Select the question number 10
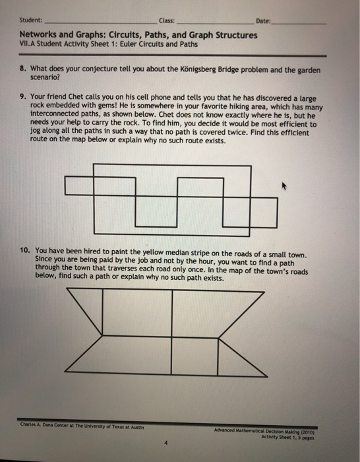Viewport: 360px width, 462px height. [25, 251]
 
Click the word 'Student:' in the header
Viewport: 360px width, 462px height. [31, 21]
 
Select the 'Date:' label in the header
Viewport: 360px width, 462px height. [262, 21]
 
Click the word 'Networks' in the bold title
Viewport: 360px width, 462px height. [39, 35]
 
